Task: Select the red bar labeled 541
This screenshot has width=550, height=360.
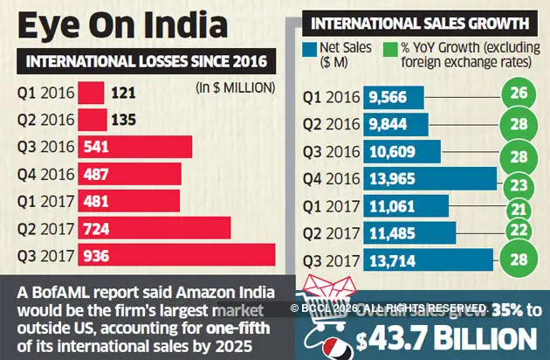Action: (x=135, y=147)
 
